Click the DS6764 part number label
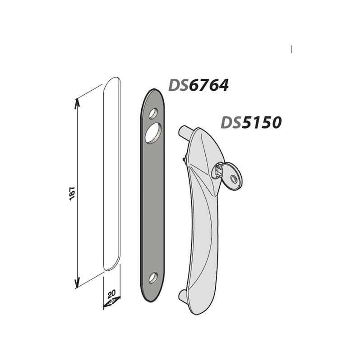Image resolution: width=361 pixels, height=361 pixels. pyautogui.click(x=199, y=85)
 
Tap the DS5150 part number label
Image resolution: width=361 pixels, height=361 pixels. pyautogui.click(x=251, y=122)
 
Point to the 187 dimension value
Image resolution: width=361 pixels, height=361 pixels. pyautogui.click(x=72, y=194)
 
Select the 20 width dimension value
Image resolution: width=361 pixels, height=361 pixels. pyautogui.click(x=111, y=294)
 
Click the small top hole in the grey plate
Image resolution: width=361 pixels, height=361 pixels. pyautogui.click(x=153, y=114)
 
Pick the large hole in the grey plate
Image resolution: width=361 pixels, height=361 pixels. pyautogui.click(x=153, y=132)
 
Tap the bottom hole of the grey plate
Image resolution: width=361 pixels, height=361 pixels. pyautogui.click(x=153, y=278)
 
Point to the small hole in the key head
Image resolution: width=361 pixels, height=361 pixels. pyautogui.click(x=233, y=178)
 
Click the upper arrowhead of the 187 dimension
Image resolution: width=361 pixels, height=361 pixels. pyautogui.click(x=77, y=102)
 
